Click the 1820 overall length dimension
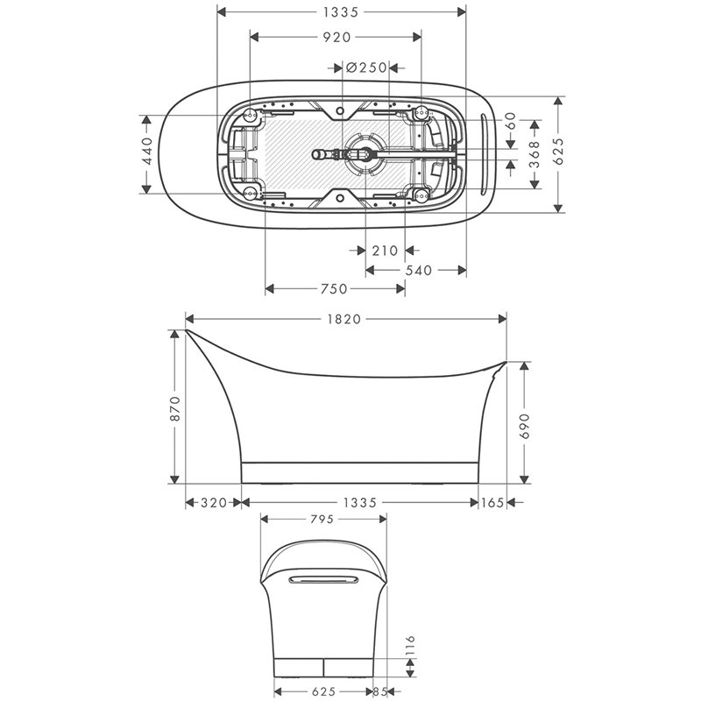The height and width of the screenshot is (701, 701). tap(345, 319)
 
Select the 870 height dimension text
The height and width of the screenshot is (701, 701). tap(175, 408)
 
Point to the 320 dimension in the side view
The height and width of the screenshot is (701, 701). tap(213, 503)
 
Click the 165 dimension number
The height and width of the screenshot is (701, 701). tap(492, 503)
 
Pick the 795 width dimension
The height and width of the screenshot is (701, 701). tap(322, 520)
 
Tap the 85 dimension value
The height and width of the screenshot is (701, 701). tap(380, 691)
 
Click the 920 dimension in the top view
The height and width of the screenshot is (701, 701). tap(336, 37)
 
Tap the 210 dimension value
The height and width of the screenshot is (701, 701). tap(385, 251)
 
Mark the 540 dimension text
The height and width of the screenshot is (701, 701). tap(419, 271)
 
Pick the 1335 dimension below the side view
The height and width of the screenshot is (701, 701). tap(360, 503)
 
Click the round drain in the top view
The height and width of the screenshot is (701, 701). tap(363, 153)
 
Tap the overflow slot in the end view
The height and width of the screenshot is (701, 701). tap(322, 578)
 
